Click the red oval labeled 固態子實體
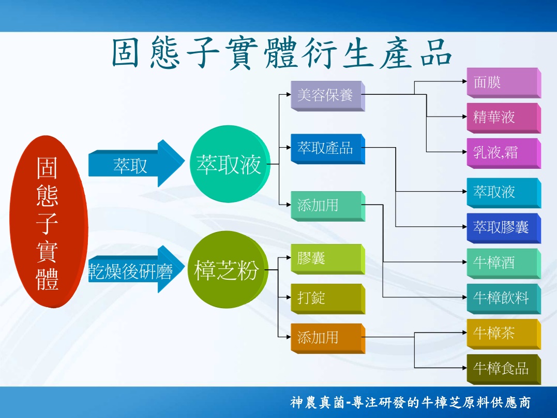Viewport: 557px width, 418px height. pos(49,221)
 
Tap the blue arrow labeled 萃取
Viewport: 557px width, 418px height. pos(137,163)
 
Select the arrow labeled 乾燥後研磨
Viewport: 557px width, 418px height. pos(137,269)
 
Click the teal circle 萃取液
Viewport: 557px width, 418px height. pos(230,164)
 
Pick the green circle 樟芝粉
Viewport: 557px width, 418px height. pos(228,269)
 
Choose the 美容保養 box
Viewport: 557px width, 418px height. pos(328,96)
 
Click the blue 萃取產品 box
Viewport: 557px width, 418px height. pos(328,149)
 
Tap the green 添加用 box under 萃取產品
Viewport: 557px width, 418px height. pos(328,206)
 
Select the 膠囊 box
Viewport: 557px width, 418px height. pos(328,259)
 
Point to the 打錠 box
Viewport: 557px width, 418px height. pos(328,299)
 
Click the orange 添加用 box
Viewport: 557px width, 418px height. pos(328,338)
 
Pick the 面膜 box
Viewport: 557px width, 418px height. pos(504,83)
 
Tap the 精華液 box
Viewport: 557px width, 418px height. pos(504,118)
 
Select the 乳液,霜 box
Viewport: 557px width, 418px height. pos(504,153)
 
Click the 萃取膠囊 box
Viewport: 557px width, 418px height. pos(504,228)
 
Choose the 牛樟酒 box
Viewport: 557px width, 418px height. pos(504,263)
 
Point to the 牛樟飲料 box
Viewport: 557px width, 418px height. pos(504,298)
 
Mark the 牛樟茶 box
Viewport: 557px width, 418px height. pos(504,334)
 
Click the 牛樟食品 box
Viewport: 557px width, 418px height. pos(504,369)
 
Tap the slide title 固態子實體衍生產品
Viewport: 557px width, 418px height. pos(282,53)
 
